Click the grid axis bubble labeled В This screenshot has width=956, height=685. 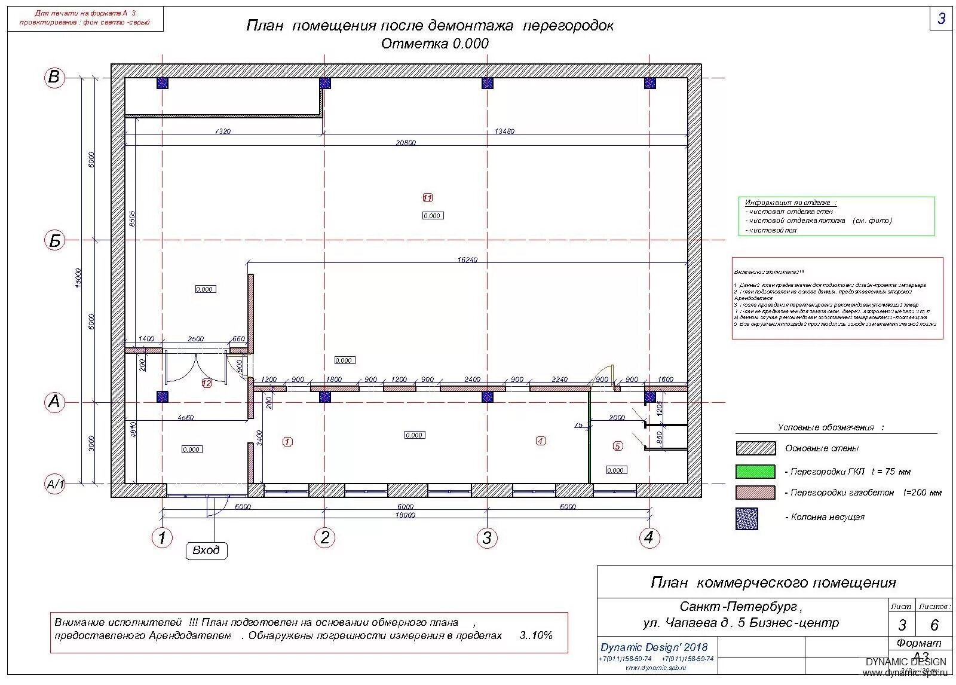(x=54, y=77)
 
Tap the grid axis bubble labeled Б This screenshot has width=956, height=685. (x=54, y=240)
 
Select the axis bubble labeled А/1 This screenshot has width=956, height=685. (x=55, y=484)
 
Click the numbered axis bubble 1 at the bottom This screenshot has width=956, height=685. (x=162, y=537)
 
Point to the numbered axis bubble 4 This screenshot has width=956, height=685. (x=649, y=537)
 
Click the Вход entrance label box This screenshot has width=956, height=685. (x=206, y=550)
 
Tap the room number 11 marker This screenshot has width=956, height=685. (x=427, y=198)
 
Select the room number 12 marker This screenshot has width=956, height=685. (x=207, y=383)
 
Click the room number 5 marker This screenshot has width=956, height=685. (x=618, y=446)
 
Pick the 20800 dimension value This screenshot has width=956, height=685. (x=406, y=143)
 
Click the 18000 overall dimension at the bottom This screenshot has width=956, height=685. (x=405, y=515)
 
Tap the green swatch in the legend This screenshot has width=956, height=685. (x=755, y=472)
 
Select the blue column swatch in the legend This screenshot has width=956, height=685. (x=747, y=518)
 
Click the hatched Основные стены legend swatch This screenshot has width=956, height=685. (x=755, y=448)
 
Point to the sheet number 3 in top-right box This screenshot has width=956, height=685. (x=941, y=19)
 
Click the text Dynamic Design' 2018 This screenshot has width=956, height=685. (x=654, y=647)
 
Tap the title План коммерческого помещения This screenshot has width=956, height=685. (x=773, y=582)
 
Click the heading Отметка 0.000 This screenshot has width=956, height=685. (x=434, y=44)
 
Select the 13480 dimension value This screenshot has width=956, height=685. (x=504, y=132)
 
